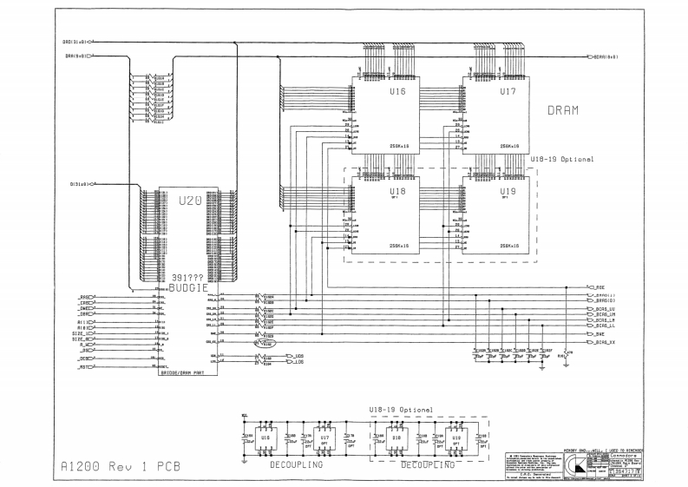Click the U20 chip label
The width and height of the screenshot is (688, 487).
(188, 201)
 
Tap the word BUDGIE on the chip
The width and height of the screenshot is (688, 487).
(189, 286)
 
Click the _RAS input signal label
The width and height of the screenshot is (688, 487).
(85, 297)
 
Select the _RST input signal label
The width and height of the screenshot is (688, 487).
(85, 367)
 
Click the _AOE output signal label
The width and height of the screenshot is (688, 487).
(595, 287)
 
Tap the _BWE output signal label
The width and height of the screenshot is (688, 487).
(595, 333)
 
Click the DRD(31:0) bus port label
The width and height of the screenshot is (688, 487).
(73, 41)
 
